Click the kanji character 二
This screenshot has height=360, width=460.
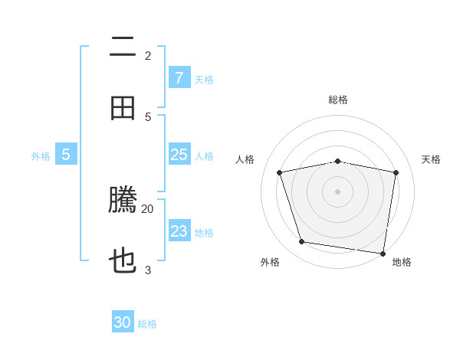(x=123, y=47)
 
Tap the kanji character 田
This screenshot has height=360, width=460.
(x=123, y=108)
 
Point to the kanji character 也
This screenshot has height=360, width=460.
(x=123, y=262)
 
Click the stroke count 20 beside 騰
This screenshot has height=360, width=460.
(x=148, y=208)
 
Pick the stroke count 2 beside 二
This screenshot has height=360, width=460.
(x=148, y=55)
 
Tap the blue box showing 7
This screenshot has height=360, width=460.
(x=179, y=77)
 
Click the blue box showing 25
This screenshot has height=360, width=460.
(x=179, y=155)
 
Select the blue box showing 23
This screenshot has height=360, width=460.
(x=179, y=231)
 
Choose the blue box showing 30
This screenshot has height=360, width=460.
(x=123, y=322)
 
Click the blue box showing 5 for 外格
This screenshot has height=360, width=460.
(x=66, y=155)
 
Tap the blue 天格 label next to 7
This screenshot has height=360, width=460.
(x=204, y=79)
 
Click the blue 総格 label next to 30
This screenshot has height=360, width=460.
(x=147, y=324)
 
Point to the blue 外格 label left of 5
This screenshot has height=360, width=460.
(x=41, y=156)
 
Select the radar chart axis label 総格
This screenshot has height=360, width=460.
(x=338, y=100)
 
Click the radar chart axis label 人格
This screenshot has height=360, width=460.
(x=245, y=159)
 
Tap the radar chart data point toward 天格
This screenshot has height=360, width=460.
(x=396, y=172)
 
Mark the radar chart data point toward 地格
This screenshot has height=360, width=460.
(x=382, y=252)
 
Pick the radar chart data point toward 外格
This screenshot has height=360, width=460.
(x=302, y=242)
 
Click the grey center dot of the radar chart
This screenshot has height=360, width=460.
(x=338, y=191)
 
